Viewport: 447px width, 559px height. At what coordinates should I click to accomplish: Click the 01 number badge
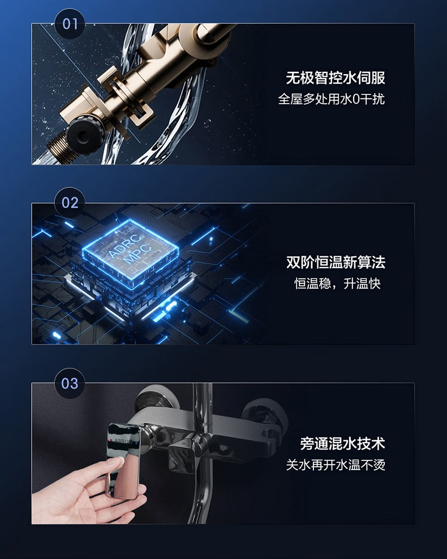(70, 24)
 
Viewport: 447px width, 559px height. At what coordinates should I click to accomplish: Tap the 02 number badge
(70, 203)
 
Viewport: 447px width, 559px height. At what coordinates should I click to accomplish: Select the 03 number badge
(70, 383)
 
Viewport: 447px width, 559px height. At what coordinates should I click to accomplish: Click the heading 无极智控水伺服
(336, 78)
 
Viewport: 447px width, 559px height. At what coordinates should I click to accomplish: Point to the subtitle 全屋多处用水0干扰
(332, 99)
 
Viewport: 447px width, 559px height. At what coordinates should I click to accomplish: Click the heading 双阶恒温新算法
(336, 263)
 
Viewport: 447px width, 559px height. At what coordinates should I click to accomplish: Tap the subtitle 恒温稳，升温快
(337, 283)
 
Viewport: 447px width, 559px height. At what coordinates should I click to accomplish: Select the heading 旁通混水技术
(342, 444)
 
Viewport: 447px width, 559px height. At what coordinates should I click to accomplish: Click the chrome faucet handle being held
(123, 460)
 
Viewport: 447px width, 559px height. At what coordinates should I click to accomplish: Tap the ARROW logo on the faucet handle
(122, 441)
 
